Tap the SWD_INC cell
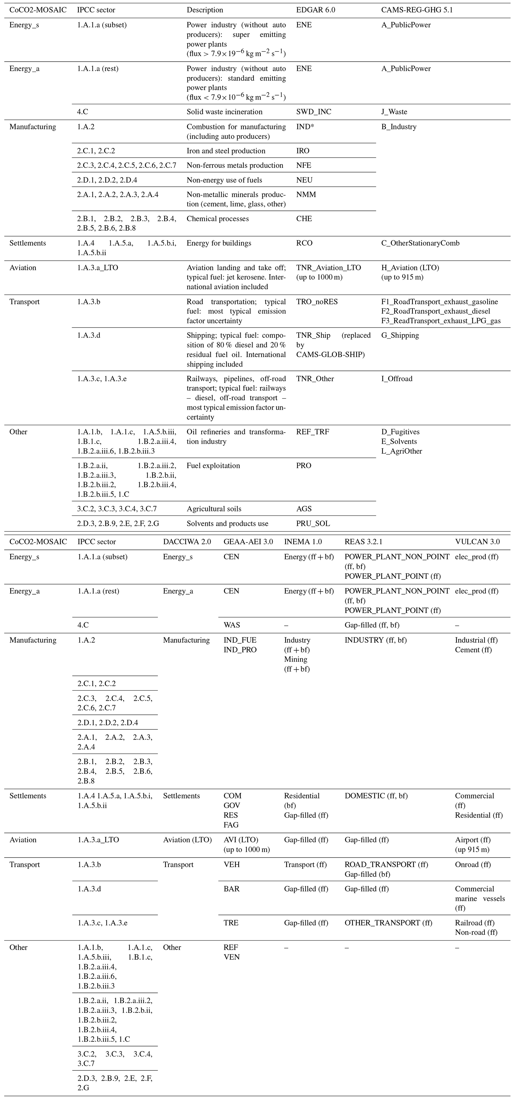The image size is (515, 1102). (x=313, y=112)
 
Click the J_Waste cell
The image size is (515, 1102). (x=394, y=112)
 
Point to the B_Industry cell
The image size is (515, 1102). (x=399, y=127)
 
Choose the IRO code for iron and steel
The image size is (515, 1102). (x=303, y=151)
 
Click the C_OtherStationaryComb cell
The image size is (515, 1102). (x=420, y=243)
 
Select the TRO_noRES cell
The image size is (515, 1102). (x=317, y=302)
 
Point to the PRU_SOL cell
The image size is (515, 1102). (x=313, y=523)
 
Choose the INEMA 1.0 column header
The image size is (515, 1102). (x=303, y=542)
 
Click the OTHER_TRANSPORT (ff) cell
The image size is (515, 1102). (x=388, y=923)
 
